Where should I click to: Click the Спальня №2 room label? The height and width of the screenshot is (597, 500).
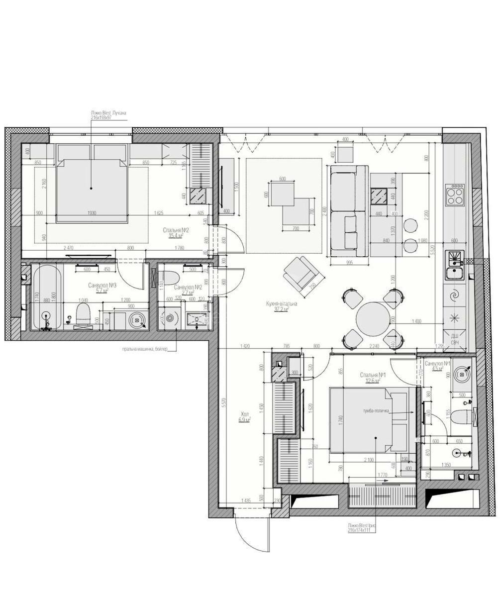click(177, 230)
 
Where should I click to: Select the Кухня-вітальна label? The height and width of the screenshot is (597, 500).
click(282, 303)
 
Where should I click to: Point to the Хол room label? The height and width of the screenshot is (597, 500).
click(244, 413)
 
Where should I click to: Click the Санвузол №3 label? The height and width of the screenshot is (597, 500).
click(102, 286)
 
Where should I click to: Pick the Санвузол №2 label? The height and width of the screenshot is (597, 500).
click(188, 288)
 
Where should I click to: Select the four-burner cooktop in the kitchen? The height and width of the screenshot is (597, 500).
click(455, 195)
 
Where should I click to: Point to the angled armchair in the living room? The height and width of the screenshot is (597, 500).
click(301, 275)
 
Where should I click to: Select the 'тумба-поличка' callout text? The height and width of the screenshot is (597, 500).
click(376, 411)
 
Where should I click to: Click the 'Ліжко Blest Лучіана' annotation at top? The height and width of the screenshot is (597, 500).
click(108, 113)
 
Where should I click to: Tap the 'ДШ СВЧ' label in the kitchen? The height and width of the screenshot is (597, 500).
click(454, 339)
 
